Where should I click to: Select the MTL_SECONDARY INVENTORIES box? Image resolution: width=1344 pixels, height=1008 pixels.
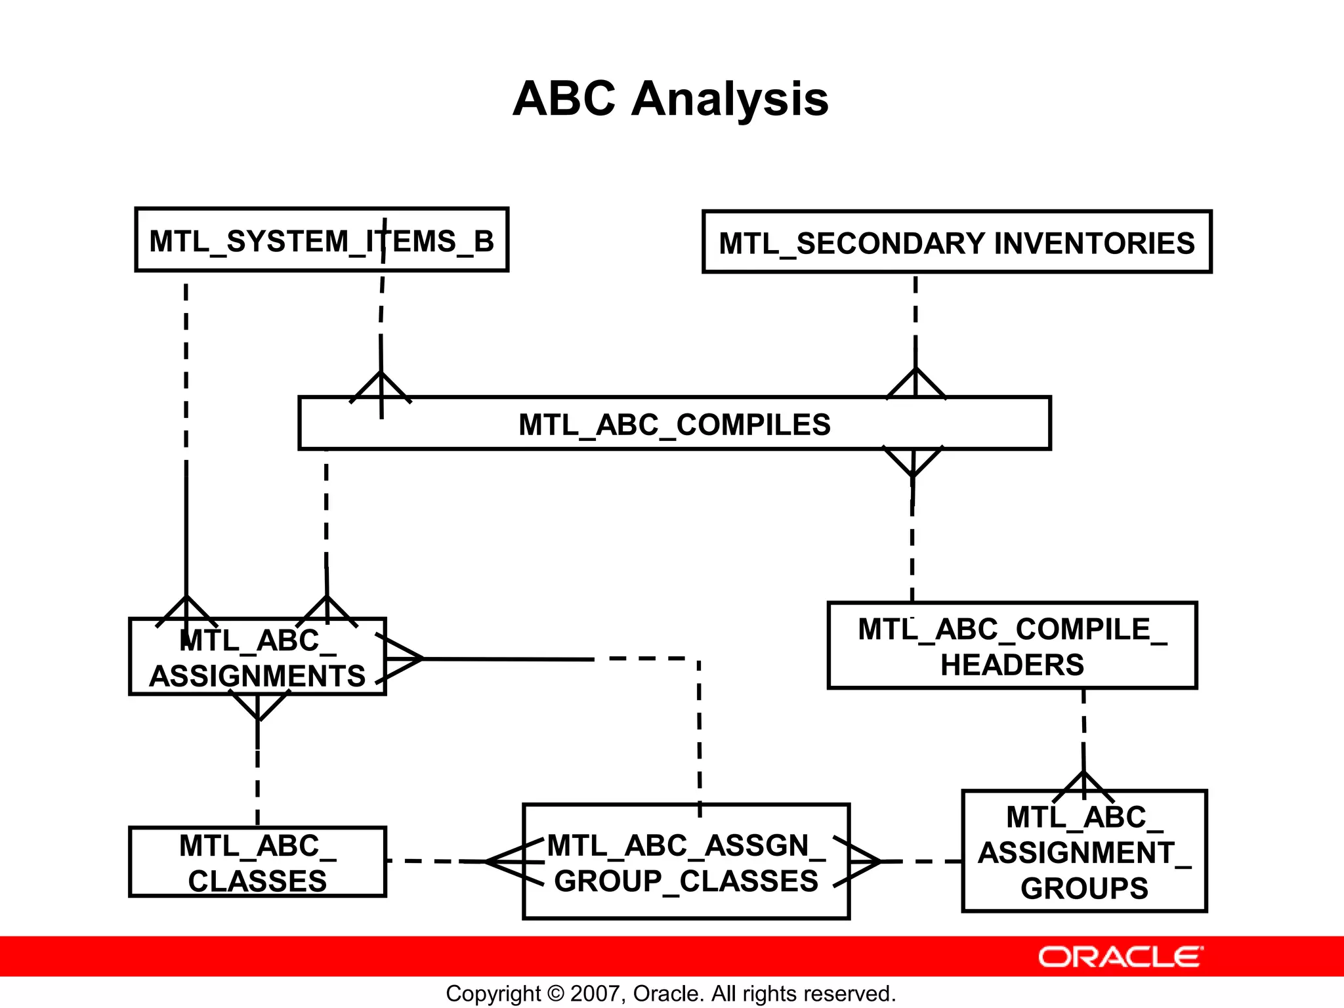point(956,242)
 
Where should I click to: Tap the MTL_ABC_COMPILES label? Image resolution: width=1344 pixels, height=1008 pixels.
point(674,425)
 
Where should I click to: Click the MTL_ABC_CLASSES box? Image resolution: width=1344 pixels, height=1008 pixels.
point(257,862)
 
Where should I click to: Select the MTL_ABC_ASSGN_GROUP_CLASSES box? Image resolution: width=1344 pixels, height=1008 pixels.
point(686,862)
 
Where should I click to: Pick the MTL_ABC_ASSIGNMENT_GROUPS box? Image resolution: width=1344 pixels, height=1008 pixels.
point(1084,852)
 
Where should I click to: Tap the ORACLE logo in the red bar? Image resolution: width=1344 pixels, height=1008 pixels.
point(1120,957)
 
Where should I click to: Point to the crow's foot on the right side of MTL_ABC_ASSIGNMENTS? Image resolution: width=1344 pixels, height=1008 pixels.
point(400,658)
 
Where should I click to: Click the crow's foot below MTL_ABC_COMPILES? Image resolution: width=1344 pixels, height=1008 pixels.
point(913,461)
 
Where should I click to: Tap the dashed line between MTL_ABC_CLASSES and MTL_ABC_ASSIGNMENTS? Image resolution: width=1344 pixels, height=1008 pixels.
point(257,787)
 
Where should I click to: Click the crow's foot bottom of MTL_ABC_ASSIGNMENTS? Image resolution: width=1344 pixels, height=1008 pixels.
point(258,707)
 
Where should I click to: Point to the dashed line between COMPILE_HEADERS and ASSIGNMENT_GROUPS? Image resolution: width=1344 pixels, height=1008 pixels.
point(1083,728)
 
